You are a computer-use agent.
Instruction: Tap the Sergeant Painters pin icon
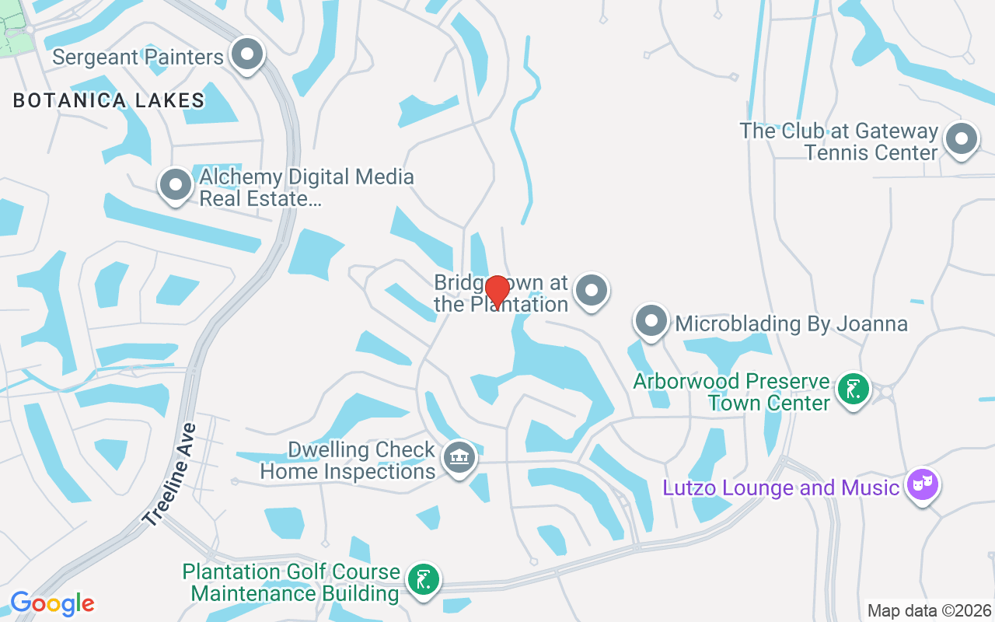coord(248,54)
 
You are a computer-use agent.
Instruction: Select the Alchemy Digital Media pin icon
coord(175,185)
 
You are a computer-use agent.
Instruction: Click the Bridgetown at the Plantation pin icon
coord(592,291)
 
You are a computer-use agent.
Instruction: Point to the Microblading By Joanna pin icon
coord(651,320)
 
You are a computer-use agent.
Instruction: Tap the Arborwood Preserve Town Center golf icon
coord(853,389)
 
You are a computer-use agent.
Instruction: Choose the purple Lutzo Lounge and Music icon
coord(922,485)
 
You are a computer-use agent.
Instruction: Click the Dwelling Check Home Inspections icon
coord(459,457)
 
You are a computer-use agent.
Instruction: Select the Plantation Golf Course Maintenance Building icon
coord(423,579)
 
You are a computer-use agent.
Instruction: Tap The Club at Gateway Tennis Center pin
coord(961,140)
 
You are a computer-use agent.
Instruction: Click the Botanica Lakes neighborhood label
coord(109,100)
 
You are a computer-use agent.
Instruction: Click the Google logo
coord(52,603)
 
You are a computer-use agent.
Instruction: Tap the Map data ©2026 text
coord(929,610)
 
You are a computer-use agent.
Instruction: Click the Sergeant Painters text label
coord(138,57)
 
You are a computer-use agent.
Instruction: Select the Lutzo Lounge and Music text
coord(780,488)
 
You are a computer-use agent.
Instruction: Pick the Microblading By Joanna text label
coord(791,323)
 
